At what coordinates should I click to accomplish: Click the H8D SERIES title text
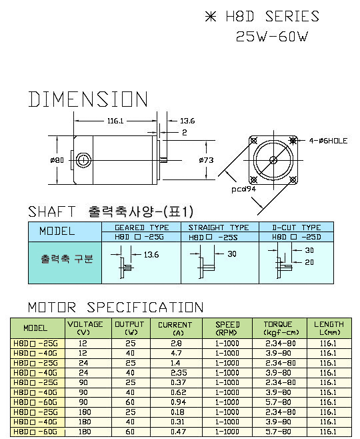point(272,17)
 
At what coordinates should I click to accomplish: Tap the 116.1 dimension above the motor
point(115,121)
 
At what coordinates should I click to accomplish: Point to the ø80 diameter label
point(57,160)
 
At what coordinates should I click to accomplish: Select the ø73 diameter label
point(206,160)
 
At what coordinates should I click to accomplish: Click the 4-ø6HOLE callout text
point(328,141)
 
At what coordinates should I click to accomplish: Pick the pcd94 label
point(243,189)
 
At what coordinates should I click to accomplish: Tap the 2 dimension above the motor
point(185,132)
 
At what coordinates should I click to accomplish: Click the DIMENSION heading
point(88,99)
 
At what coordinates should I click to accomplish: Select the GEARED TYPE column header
point(142,228)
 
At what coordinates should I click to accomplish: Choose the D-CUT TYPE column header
point(297,228)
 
